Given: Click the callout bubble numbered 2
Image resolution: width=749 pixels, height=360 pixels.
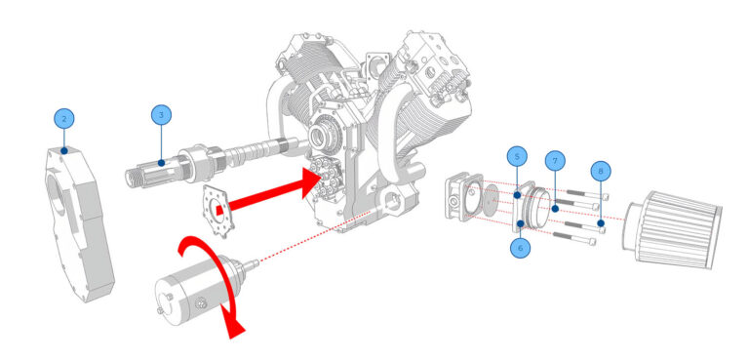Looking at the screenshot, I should (x=64, y=118).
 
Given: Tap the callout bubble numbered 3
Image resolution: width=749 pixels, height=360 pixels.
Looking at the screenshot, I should (x=160, y=115).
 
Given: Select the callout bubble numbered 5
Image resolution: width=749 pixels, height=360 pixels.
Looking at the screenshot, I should (x=517, y=156).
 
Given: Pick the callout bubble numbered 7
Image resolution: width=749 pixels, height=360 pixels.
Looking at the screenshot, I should (x=554, y=159).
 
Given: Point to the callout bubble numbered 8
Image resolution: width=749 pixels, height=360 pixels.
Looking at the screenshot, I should (x=602, y=171).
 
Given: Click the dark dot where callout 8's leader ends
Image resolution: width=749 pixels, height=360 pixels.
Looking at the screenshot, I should (x=601, y=223).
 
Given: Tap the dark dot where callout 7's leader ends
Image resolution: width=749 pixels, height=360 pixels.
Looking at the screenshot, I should (x=554, y=208).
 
